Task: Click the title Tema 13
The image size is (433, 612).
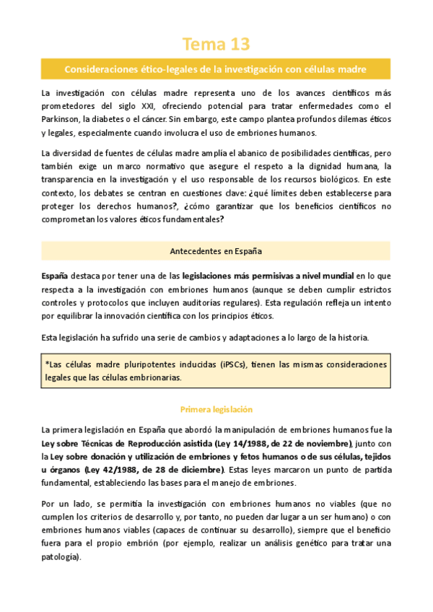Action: coord(216,45)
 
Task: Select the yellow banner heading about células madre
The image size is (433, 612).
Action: coord(216,69)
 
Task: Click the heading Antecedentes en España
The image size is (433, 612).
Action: coord(216,251)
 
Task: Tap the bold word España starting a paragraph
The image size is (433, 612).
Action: coord(55,276)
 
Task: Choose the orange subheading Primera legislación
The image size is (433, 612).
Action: coord(216,408)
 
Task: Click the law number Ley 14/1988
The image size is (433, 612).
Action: coord(250,443)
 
